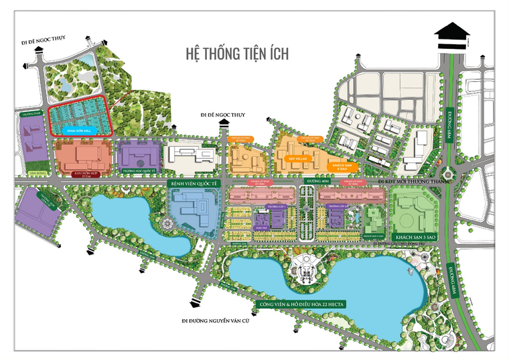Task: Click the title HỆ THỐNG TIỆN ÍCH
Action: [x=236, y=54]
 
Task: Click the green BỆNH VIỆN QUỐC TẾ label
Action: [x=194, y=182]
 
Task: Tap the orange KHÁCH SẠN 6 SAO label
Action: [x=343, y=166]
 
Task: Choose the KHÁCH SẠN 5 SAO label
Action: [x=415, y=238]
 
